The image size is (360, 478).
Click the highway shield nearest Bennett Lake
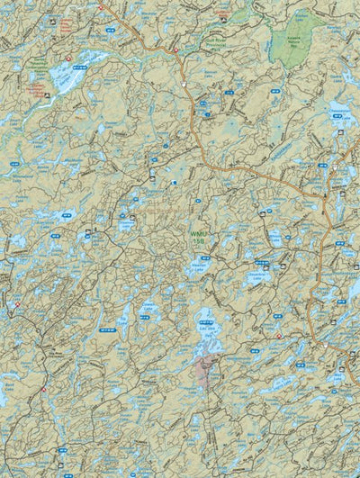(x=184, y=84)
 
